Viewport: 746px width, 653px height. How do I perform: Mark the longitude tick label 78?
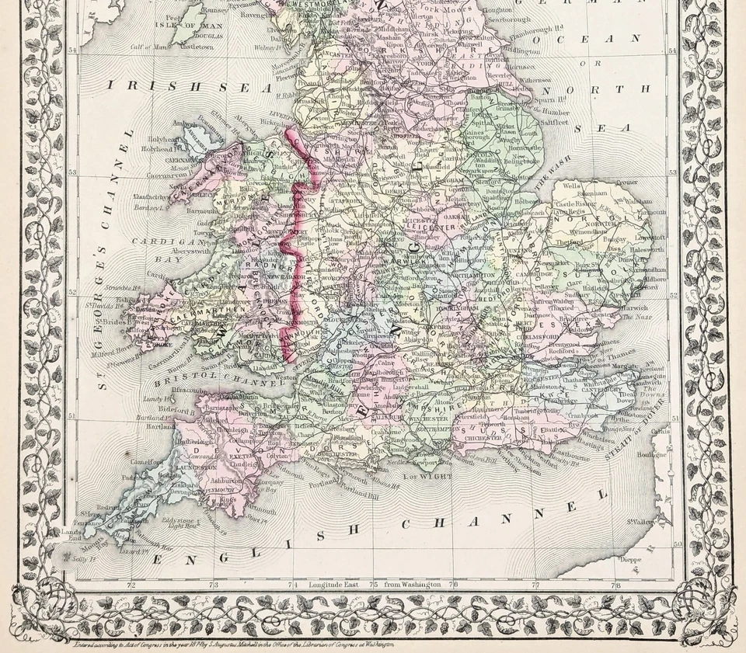(615, 584)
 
